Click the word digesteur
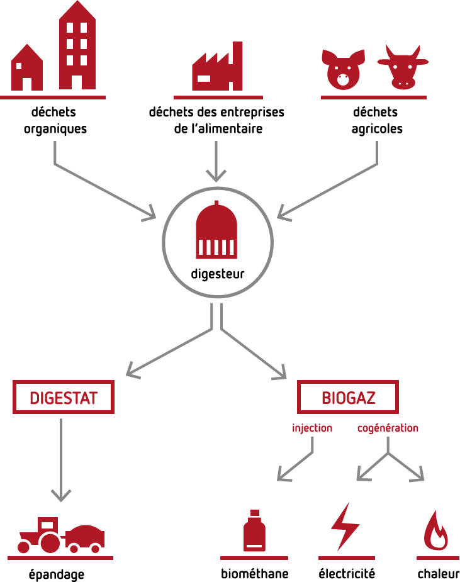[218, 274]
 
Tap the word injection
[312, 428]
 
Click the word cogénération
[388, 428]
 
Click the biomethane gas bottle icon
[254, 531]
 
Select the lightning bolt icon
[345, 527]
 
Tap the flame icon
[436, 531]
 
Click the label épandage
[57, 574]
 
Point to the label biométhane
[254, 573]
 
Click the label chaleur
[438, 573]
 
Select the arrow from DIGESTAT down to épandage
[61, 459]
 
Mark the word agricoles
[376, 129]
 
